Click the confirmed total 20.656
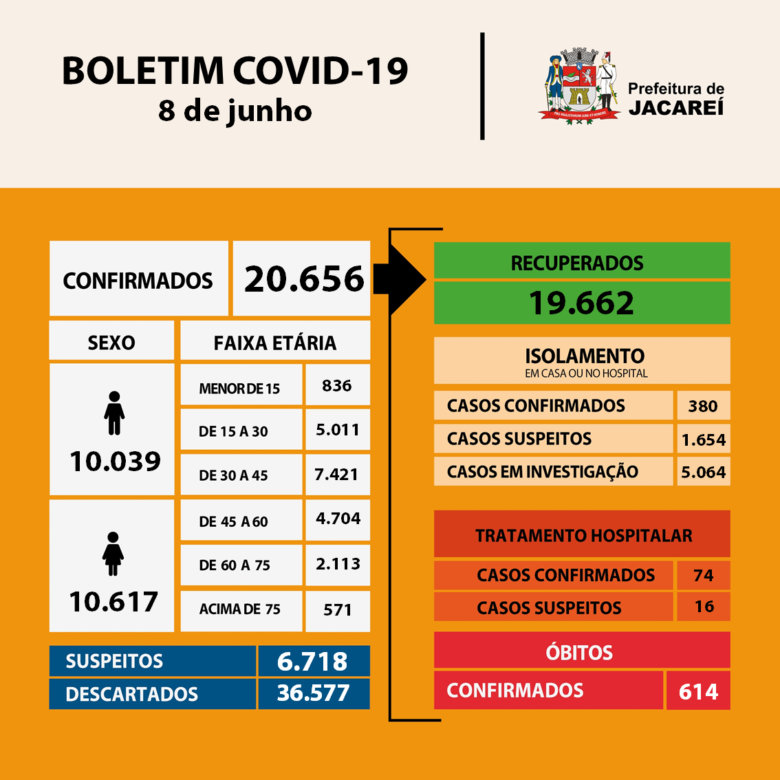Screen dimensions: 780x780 pyautogui.click(x=303, y=279)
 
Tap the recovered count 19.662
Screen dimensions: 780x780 pyautogui.click(x=581, y=303)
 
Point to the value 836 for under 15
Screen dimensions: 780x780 pyautogui.click(x=337, y=386)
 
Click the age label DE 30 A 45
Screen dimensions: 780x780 pyautogui.click(x=233, y=475)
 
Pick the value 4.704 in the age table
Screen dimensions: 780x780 pyautogui.click(x=338, y=519)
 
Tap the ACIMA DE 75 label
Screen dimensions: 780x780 pyautogui.click(x=240, y=609)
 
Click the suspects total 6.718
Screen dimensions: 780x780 pyautogui.click(x=312, y=662)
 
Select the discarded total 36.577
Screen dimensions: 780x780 pyautogui.click(x=313, y=693)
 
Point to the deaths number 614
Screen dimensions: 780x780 pyautogui.click(x=698, y=691)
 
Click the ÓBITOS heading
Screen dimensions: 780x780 pyautogui.click(x=579, y=652)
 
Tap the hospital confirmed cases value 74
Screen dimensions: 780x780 pyautogui.click(x=703, y=576)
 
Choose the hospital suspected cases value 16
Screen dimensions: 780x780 pyautogui.click(x=704, y=607)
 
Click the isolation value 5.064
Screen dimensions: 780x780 pyautogui.click(x=703, y=472)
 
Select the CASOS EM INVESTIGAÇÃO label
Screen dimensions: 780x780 pyautogui.click(x=543, y=472)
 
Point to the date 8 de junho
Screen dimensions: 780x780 pyautogui.click(x=235, y=111)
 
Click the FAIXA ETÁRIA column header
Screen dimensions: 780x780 pyautogui.click(x=274, y=343)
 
